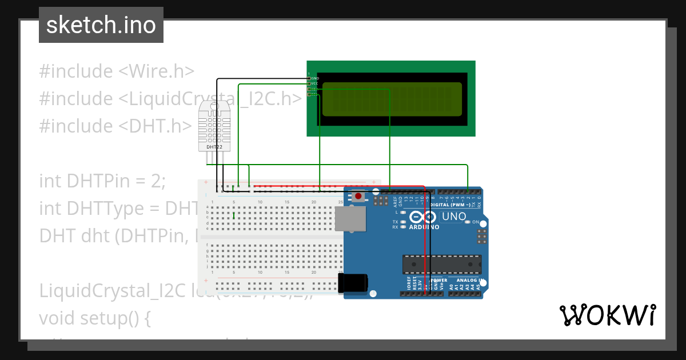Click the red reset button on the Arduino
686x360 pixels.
[358, 197]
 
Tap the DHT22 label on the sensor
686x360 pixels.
[214, 147]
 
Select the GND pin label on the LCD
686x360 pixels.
[315, 78]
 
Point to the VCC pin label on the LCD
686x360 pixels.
[314, 83]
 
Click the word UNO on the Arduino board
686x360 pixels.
[454, 217]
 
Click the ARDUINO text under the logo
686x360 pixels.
[424, 227]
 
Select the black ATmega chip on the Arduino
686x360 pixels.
[442, 265]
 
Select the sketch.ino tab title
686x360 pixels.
[101, 25]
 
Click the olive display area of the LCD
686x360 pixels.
[392, 99]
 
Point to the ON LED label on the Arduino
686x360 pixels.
[476, 222]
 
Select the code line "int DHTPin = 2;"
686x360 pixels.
[102, 181]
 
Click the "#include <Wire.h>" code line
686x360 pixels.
[117, 71]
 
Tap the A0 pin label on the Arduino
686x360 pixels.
[451, 287]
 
